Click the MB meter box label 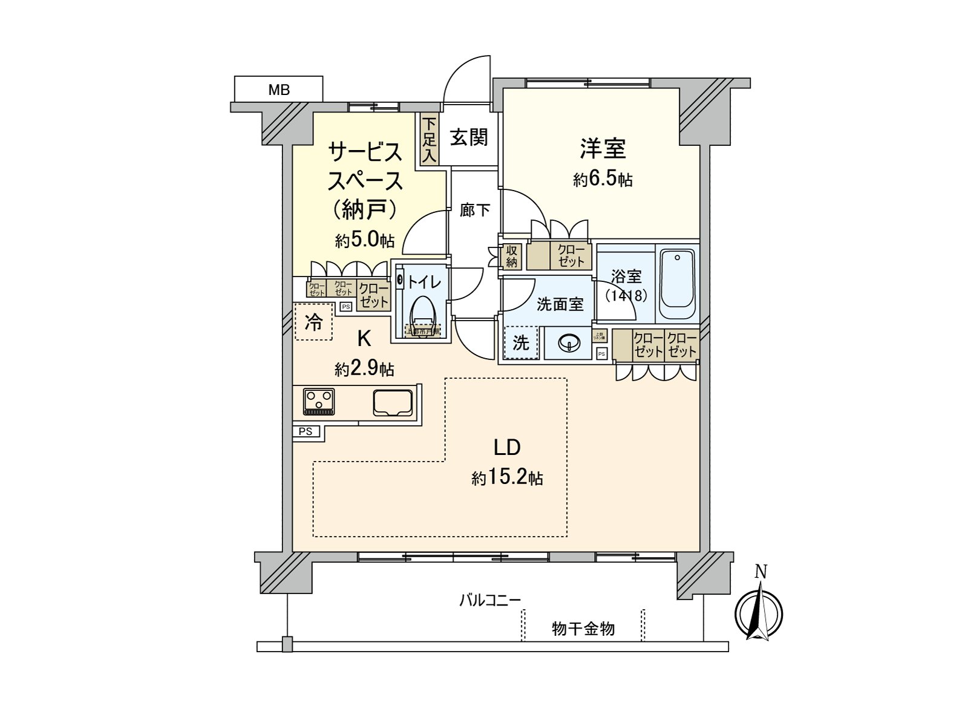pyautogui.click(x=279, y=90)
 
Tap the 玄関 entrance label pyautogui.click(x=469, y=137)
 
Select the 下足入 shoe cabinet pyautogui.click(x=429, y=140)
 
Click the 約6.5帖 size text pyautogui.click(x=603, y=180)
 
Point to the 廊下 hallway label pyautogui.click(x=475, y=210)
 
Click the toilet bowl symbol pyautogui.click(x=422, y=313)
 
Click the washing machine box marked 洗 pyautogui.click(x=521, y=343)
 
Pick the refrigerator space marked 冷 pyautogui.click(x=313, y=322)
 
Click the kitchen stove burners pyautogui.click(x=319, y=401)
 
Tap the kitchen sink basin pyautogui.click(x=393, y=402)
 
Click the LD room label pyautogui.click(x=507, y=447)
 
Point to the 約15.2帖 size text pyautogui.click(x=507, y=479)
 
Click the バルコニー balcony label pyautogui.click(x=490, y=600)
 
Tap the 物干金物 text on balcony pyautogui.click(x=583, y=629)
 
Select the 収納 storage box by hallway pyautogui.click(x=512, y=256)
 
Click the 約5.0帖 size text pyautogui.click(x=365, y=240)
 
